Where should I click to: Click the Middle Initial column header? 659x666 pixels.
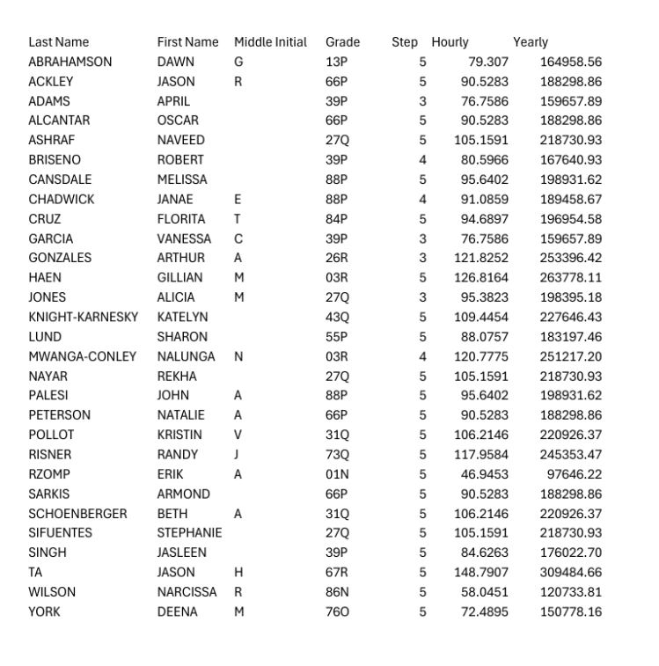[270, 42]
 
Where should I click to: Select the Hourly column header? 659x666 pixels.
[450, 42]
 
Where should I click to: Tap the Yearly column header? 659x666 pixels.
[531, 42]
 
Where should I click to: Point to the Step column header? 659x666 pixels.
[406, 42]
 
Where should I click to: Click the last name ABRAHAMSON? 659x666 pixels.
[70, 62]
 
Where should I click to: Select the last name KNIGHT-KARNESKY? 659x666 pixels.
[83, 317]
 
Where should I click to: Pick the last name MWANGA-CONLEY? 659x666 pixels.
[82, 356]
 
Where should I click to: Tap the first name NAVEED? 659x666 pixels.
[180, 140]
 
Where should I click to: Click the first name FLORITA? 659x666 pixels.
[180, 219]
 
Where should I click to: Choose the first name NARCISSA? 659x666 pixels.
[187, 592]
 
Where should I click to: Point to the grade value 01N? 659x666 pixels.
[337, 474]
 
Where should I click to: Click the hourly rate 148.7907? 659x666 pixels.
[484, 573]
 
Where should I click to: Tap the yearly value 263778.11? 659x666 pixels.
[571, 278]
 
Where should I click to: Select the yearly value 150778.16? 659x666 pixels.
[571, 611]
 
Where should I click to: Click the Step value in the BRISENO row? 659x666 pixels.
[422, 160]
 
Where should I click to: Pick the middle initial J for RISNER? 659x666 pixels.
[237, 455]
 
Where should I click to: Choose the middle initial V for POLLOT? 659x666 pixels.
[238, 435]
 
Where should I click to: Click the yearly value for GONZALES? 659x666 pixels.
[571, 258]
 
